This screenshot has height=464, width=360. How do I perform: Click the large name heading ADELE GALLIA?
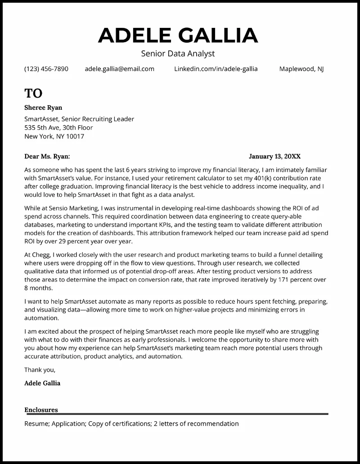coord(178,36)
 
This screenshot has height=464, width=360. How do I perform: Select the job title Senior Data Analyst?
coord(178,54)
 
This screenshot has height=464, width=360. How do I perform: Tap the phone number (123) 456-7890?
coord(46,69)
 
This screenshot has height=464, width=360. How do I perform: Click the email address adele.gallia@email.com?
coord(119,69)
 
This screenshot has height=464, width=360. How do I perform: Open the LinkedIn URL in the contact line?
coord(216,69)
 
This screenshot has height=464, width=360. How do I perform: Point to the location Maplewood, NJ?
coord(301,69)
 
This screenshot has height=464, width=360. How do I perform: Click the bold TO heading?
coord(33,93)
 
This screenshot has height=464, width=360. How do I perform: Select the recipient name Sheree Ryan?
coord(43,107)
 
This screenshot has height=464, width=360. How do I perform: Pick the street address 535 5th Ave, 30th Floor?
coord(58,128)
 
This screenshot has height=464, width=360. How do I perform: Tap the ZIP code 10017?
coord(75,136)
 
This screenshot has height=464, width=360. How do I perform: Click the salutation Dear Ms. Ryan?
coord(47,156)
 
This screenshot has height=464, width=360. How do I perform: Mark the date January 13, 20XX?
coord(274,156)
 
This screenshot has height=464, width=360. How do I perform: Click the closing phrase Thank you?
coord(40,370)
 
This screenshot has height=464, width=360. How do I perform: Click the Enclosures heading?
coord(41,410)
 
